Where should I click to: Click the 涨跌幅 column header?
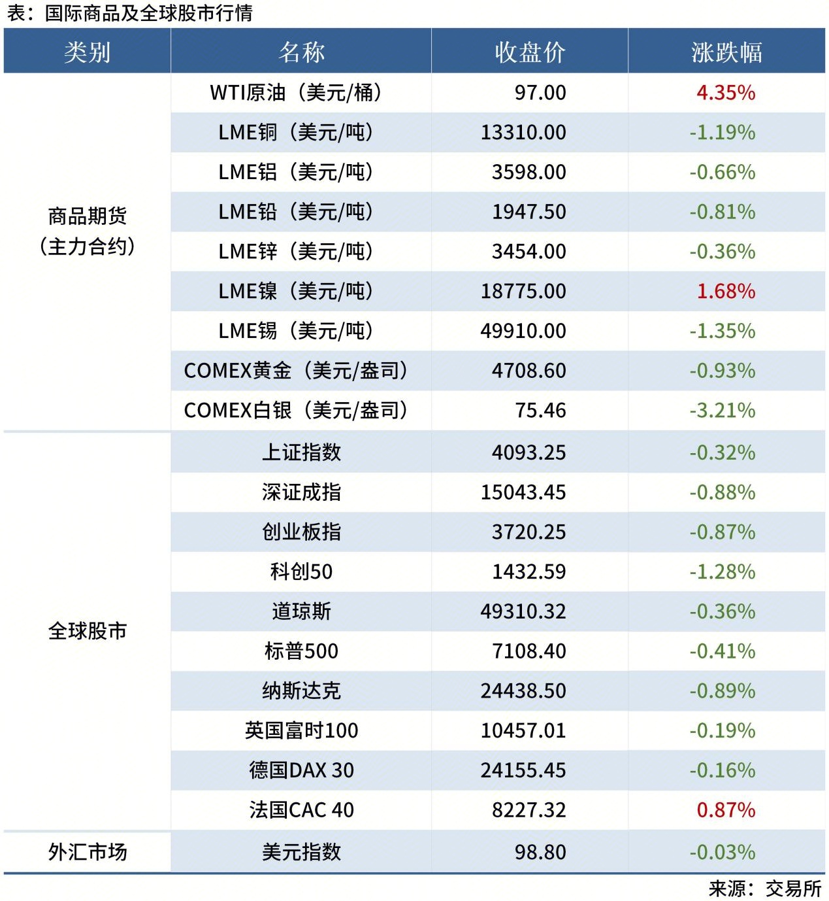[x=726, y=52]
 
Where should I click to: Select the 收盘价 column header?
[x=530, y=52]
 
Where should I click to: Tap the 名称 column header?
[x=301, y=52]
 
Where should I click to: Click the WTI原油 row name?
[x=296, y=92]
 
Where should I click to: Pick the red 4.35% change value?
[x=726, y=92]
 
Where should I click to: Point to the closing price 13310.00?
[x=523, y=132]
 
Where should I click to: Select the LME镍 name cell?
[x=296, y=291]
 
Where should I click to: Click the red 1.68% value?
[x=726, y=291]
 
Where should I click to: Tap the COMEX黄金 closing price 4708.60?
[x=528, y=371]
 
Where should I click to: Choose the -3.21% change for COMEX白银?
[x=723, y=411]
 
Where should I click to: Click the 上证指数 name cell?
[x=301, y=452]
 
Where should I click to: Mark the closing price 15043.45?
[x=523, y=492]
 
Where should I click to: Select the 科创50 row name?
[x=301, y=571]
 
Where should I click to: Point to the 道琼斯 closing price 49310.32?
[x=523, y=611]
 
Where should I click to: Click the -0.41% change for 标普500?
[x=723, y=651]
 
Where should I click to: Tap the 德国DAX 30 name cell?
[x=301, y=770]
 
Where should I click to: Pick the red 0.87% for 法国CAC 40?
[x=726, y=810]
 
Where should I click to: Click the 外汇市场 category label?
[x=88, y=852]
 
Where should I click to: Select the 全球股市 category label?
[x=88, y=631]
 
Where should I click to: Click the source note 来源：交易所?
[x=765, y=889]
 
